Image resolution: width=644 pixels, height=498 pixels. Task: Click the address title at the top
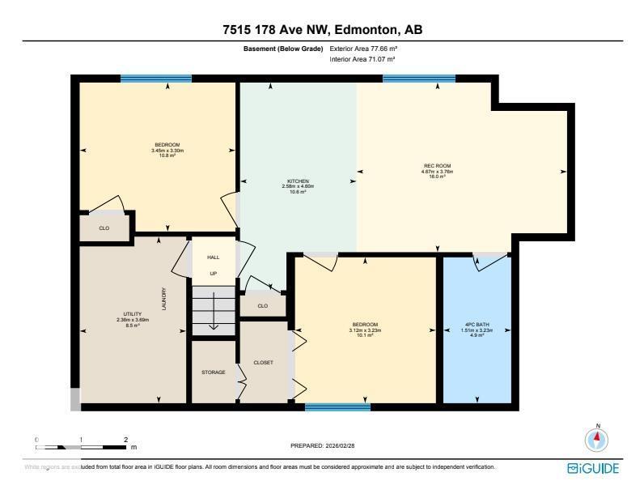(322, 30)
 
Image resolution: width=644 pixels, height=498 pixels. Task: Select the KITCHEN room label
(298, 181)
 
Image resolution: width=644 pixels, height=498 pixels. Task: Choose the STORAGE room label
(213, 372)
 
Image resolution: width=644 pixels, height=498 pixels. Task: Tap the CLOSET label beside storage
(264, 362)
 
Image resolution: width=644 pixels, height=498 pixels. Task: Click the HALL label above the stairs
(213, 257)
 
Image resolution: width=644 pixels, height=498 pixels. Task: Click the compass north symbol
(597, 440)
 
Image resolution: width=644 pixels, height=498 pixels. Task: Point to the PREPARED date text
(322, 445)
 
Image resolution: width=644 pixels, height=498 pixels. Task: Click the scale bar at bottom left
(81, 446)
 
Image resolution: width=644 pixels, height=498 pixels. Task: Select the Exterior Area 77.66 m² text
(363, 49)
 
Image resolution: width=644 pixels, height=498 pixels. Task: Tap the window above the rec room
(418, 79)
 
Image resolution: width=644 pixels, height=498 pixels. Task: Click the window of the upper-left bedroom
(156, 79)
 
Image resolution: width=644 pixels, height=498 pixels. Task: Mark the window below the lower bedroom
(337, 406)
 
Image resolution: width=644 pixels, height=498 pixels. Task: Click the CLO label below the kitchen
(262, 306)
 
